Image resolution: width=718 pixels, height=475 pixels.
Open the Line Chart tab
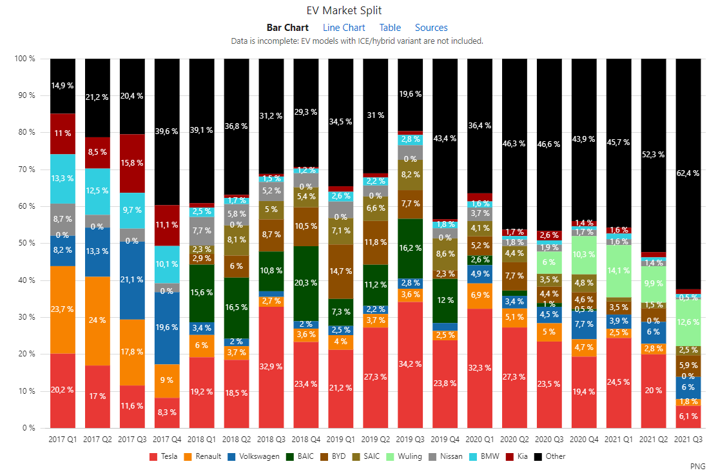click(344, 28)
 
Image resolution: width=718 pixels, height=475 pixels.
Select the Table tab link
click(390, 28)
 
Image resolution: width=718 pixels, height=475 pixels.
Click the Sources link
click(431, 28)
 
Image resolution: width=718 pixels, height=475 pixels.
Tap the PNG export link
click(697, 465)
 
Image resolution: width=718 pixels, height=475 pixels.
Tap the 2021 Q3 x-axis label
click(688, 440)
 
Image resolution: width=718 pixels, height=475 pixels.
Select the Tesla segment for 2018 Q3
click(271, 367)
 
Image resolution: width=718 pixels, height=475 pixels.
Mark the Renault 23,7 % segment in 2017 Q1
click(63, 309)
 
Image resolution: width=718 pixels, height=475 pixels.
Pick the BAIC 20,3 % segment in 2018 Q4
click(306, 283)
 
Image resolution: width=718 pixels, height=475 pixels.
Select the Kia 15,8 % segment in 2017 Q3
click(132, 163)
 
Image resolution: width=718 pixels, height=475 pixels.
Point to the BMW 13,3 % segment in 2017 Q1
click(63, 179)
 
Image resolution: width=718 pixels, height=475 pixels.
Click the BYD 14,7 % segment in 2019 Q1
click(340, 271)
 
